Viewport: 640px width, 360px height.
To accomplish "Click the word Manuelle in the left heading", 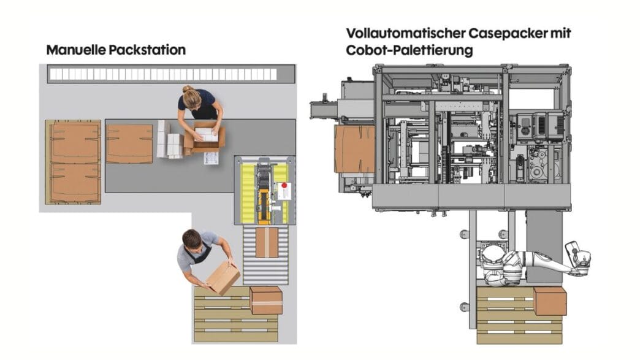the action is click(x=77, y=50).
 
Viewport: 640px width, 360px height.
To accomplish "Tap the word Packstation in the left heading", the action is click(x=147, y=50).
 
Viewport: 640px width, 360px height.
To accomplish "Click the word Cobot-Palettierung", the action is click(x=409, y=51).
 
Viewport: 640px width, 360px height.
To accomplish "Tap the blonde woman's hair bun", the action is click(x=188, y=88).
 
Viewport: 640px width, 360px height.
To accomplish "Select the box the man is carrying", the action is click(x=223, y=278).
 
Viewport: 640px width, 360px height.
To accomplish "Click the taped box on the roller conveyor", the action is click(x=267, y=242).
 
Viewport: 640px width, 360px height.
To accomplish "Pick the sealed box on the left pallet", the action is click(x=265, y=301).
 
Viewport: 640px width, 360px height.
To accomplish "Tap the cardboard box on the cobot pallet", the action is click(x=550, y=301).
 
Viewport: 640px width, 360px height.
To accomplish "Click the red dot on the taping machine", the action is click(x=285, y=186).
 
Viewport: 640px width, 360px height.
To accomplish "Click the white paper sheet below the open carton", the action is click(x=211, y=158).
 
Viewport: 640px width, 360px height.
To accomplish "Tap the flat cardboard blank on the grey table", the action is click(x=130, y=144).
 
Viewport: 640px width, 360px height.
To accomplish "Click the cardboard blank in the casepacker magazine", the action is click(x=354, y=148).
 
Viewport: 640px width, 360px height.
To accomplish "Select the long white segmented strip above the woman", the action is click(x=163, y=74).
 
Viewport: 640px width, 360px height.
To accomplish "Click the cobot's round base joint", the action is click(x=494, y=263).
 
